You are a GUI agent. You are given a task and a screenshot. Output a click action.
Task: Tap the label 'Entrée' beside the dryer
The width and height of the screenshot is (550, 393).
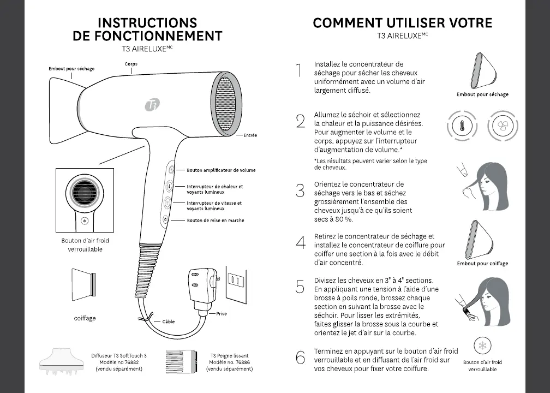[250, 135]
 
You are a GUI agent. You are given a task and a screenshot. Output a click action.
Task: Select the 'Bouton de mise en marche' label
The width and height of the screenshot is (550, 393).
[216, 221]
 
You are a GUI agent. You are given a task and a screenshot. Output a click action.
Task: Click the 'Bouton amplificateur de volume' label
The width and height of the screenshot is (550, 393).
[221, 170]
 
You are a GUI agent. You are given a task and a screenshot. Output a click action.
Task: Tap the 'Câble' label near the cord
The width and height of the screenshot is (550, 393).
[169, 321]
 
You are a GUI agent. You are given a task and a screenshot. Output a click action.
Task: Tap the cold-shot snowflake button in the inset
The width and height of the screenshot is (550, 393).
[84, 221]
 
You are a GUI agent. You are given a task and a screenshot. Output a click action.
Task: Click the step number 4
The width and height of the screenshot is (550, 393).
[300, 243]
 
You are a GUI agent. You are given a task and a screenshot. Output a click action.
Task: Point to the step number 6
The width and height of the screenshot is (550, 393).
[300, 358]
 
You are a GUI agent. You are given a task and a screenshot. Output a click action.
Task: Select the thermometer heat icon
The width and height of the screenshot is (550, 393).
[458, 127]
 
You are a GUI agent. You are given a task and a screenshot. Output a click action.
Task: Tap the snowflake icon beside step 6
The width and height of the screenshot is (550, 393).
[482, 346]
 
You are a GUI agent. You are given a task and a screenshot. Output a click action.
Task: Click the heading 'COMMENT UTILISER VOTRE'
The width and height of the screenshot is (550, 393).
[402, 23]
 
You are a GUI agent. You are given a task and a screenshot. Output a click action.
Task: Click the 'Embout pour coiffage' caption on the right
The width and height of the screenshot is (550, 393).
[482, 264]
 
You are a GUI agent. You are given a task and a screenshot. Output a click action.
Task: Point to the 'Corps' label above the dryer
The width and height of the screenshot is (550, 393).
[130, 64]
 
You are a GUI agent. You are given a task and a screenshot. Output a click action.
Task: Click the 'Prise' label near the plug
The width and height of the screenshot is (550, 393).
[222, 314]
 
